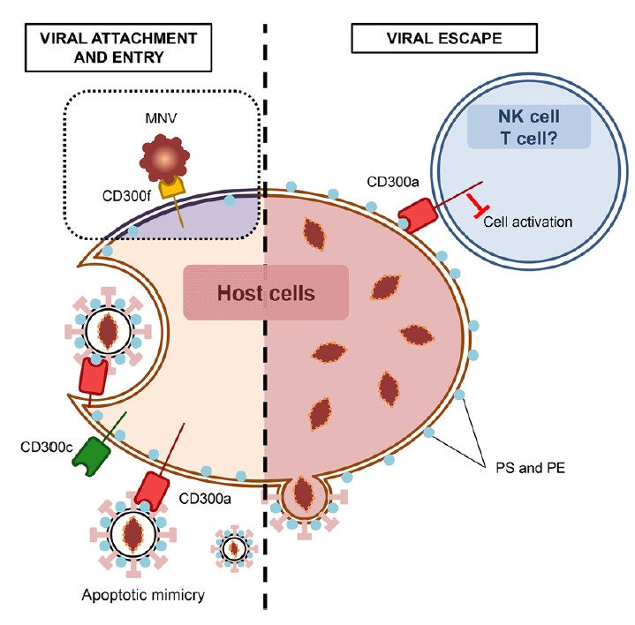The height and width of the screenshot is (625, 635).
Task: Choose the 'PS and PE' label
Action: (x=514, y=469)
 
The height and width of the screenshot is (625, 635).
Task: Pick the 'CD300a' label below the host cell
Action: (x=207, y=499)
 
